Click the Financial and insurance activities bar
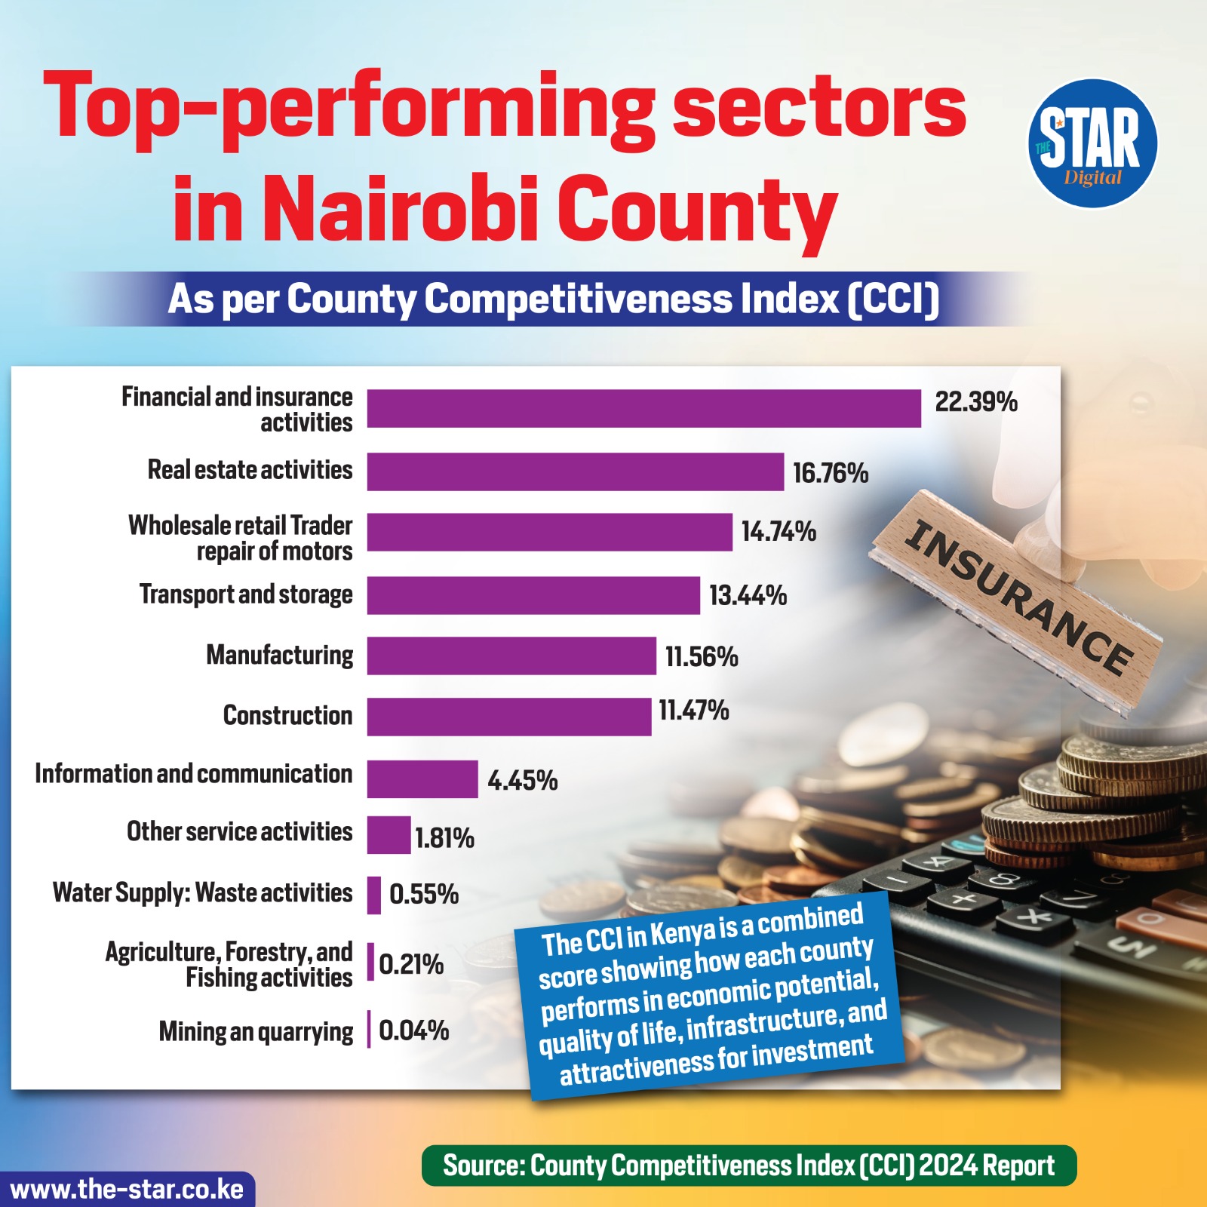[643, 409]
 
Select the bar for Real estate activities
[575, 471]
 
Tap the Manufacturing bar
[511, 656]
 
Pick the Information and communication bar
[422, 779]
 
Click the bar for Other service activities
[389, 835]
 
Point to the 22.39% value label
[976, 402]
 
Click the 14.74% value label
[779, 532]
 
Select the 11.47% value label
[693, 711]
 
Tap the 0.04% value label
[413, 1030]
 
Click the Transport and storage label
[246, 594]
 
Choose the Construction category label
[287, 715]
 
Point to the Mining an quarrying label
[256, 1031]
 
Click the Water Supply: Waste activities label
[202, 893]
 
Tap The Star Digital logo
[1092, 143]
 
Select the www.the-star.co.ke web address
[127, 1190]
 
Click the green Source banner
[748, 1166]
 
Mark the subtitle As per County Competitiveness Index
[553, 299]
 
